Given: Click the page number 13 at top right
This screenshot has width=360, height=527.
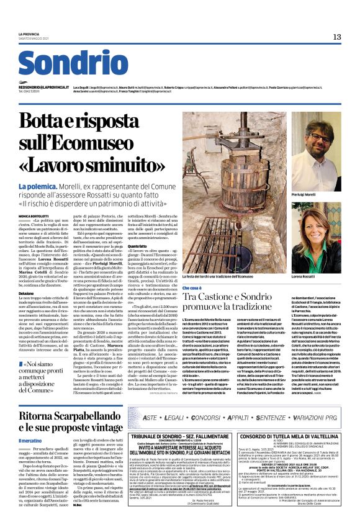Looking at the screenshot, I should pyautogui.click(x=336, y=37).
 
